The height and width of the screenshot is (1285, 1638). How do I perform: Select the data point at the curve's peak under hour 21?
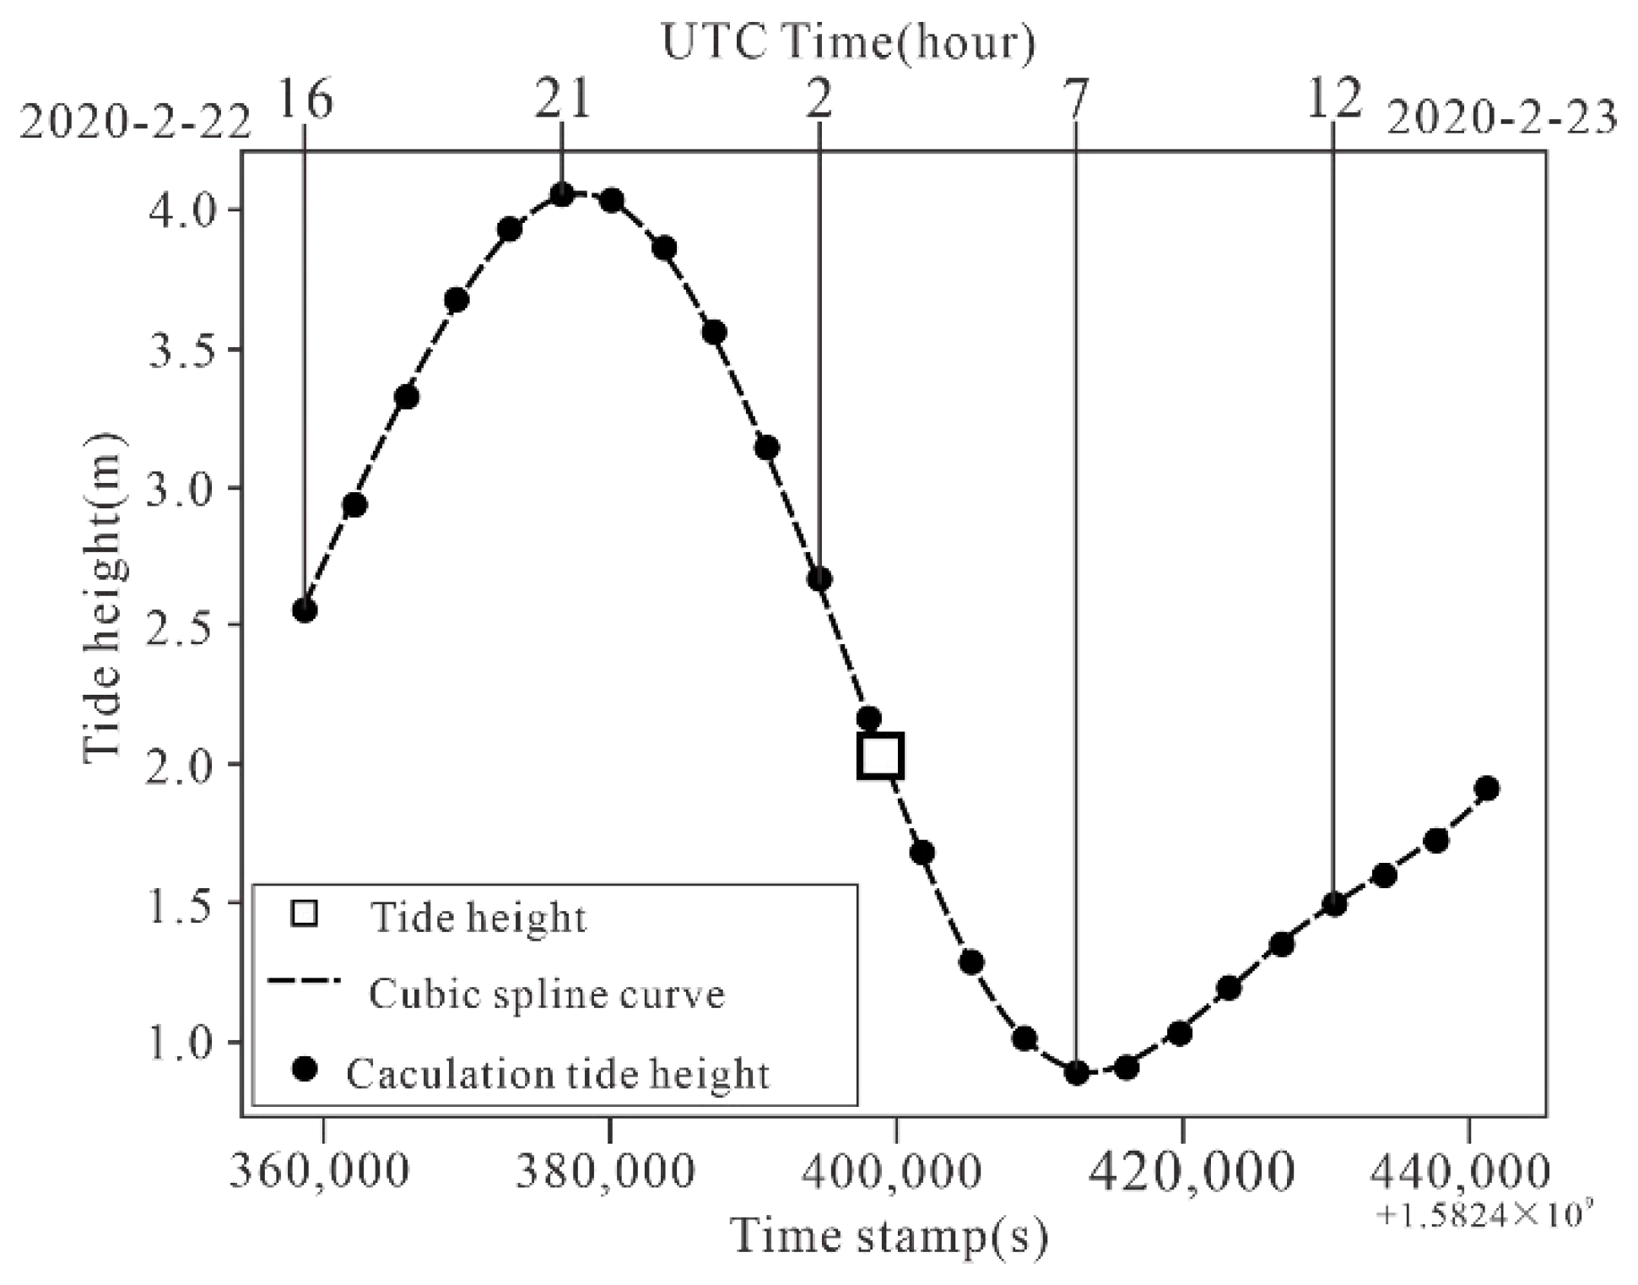click(x=562, y=195)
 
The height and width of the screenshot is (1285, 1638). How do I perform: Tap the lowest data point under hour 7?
click(x=1076, y=1073)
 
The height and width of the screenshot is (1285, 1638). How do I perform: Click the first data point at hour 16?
click(x=305, y=610)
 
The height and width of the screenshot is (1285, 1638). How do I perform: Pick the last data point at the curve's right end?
click(x=1488, y=789)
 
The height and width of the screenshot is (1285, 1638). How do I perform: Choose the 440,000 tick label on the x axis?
click(x=1459, y=1172)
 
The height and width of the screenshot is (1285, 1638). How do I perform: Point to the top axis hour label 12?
click(x=1334, y=100)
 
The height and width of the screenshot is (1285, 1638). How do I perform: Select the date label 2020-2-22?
click(x=135, y=123)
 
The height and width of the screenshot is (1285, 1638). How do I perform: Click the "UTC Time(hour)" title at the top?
click(x=848, y=42)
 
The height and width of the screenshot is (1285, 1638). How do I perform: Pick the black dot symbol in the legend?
click(x=304, y=1071)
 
